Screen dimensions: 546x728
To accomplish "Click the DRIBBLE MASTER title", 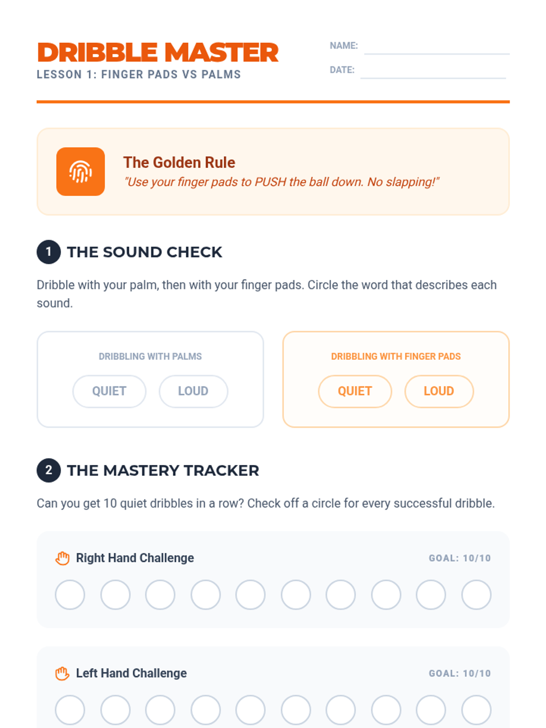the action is pyautogui.click(x=158, y=52).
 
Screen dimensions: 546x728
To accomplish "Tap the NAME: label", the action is pyautogui.click(x=344, y=45).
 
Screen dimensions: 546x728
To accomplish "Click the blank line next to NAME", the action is pyautogui.click(x=437, y=53).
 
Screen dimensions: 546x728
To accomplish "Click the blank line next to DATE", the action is pyautogui.click(x=433, y=78).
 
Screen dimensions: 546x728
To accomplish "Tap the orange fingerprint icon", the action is pyautogui.click(x=81, y=172).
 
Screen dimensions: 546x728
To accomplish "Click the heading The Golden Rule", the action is pyautogui.click(x=179, y=162).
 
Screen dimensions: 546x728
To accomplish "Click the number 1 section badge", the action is pyautogui.click(x=49, y=252).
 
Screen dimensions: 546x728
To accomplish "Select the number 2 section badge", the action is pyautogui.click(x=49, y=470).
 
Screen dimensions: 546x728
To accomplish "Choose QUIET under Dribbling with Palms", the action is pyautogui.click(x=109, y=391).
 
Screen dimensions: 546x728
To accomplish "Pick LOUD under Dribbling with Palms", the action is pyautogui.click(x=193, y=391).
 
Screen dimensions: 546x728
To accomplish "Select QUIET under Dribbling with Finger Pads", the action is pyautogui.click(x=355, y=391).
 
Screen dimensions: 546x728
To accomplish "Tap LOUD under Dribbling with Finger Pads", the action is pyautogui.click(x=439, y=391).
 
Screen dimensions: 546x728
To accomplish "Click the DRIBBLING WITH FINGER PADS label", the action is pyautogui.click(x=396, y=356).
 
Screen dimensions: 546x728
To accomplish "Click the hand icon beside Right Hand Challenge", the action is pyautogui.click(x=62, y=558).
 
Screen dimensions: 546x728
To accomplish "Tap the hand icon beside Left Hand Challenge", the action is pyautogui.click(x=62, y=673).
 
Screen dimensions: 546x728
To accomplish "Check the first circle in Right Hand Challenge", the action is pyautogui.click(x=70, y=594).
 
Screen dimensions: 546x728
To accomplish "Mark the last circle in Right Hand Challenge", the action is pyautogui.click(x=476, y=594).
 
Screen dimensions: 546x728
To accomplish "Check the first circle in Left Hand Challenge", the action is pyautogui.click(x=70, y=710).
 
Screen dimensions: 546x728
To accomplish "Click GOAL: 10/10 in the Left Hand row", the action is pyautogui.click(x=460, y=673).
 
